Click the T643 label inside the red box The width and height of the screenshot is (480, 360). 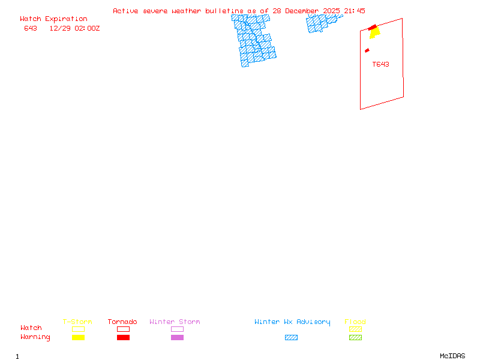[x=380, y=64]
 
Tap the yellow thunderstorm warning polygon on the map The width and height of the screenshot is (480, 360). [x=375, y=33]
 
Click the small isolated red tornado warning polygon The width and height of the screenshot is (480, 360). [x=367, y=50]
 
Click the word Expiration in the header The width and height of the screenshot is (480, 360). [x=66, y=19]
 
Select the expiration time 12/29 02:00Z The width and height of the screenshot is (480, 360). [x=74, y=28]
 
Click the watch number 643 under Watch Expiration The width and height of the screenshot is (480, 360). [x=31, y=28]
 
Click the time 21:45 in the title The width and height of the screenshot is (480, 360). [x=355, y=11]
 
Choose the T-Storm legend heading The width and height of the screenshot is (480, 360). [x=77, y=322]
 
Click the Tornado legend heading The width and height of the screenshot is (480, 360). [x=122, y=322]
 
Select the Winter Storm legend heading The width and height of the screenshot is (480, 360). [x=175, y=322]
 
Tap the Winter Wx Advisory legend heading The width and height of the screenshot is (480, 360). [x=292, y=322]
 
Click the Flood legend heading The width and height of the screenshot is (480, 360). [x=355, y=322]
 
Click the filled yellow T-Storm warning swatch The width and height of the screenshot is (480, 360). [x=78, y=338]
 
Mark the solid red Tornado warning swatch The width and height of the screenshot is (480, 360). [x=123, y=338]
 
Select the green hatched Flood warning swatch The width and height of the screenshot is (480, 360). [x=356, y=338]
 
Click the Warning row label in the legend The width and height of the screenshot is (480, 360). [x=35, y=337]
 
